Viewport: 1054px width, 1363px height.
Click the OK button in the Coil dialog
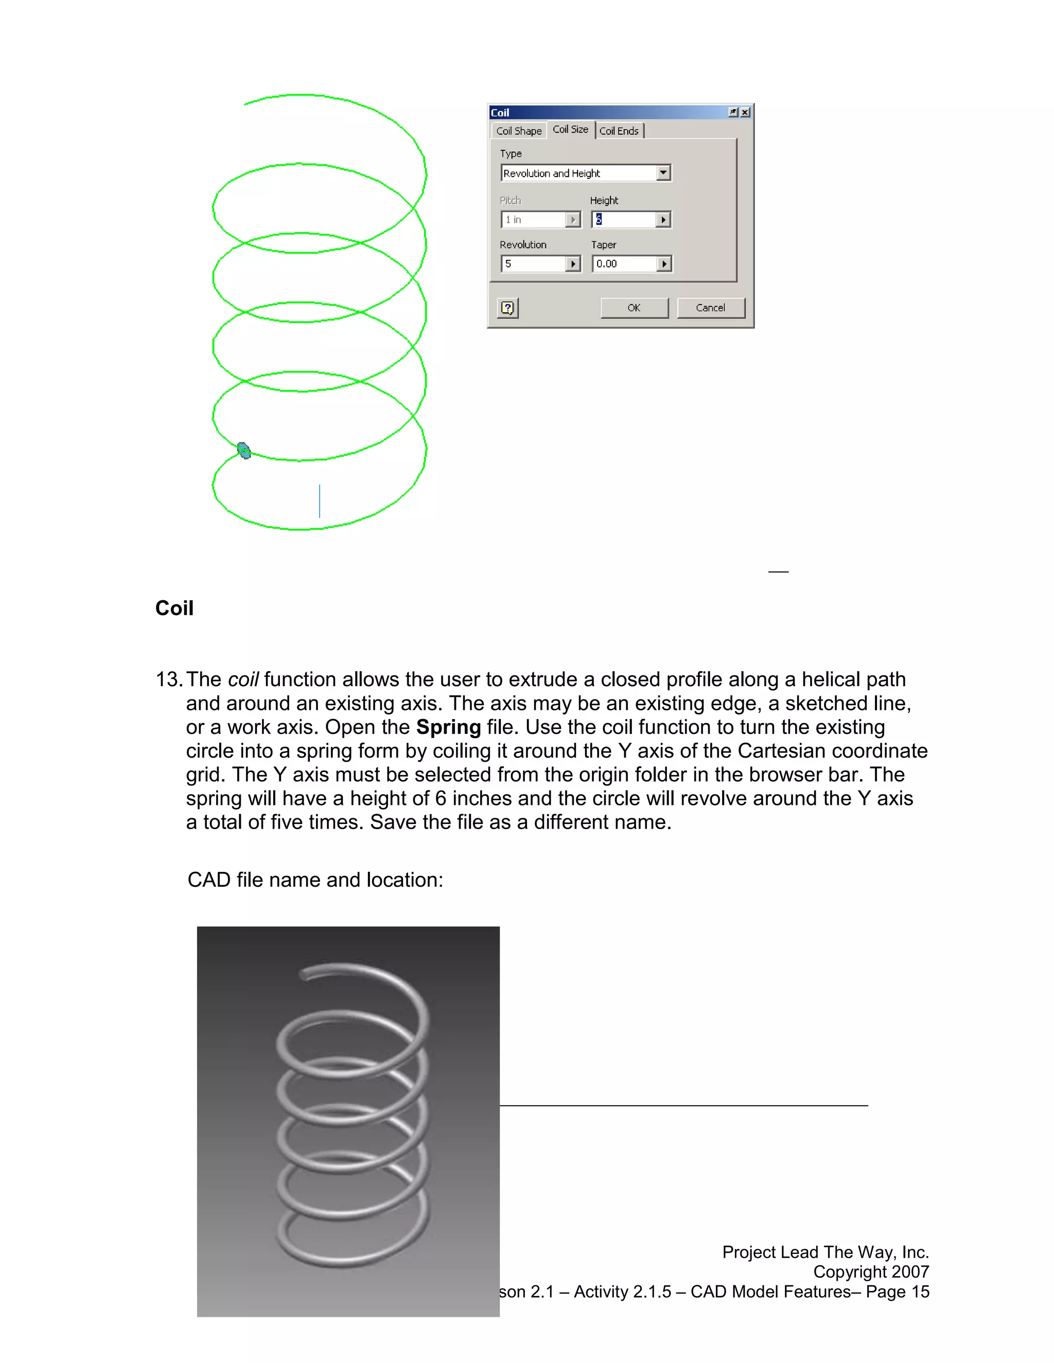(634, 308)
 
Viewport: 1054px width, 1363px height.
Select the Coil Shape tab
(518, 131)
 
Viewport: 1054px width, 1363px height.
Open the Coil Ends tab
(619, 131)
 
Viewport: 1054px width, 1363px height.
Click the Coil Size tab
(570, 130)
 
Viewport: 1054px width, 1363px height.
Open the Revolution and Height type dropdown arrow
(663, 173)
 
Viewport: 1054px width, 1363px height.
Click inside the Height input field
(624, 220)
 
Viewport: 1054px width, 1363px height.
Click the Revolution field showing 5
(534, 264)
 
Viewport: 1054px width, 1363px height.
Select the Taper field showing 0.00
(624, 264)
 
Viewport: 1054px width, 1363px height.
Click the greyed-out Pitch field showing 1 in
(534, 220)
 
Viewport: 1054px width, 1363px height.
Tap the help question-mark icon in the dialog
(507, 308)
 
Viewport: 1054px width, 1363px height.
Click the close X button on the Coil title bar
(745, 112)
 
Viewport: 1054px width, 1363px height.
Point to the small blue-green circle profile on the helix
(244, 451)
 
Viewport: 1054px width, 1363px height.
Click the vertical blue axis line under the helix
(320, 500)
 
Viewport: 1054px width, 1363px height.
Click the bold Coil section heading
(174, 608)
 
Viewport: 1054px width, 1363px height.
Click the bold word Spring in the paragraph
(448, 727)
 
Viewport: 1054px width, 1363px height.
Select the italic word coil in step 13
(243, 679)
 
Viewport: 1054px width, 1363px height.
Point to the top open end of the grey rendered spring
(304, 975)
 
